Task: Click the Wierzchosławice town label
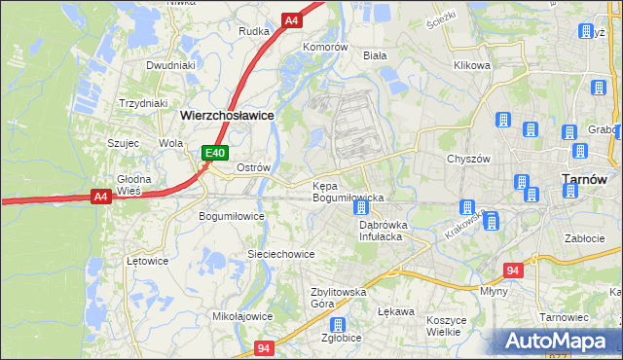pyautogui.click(x=227, y=115)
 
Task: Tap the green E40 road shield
pyautogui.click(x=215, y=153)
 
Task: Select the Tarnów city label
pyautogui.click(x=585, y=179)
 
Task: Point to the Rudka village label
pyautogui.click(x=253, y=31)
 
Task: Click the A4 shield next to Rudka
pyautogui.click(x=291, y=19)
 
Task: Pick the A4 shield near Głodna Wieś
pyautogui.click(x=100, y=197)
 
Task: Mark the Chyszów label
pyautogui.click(x=466, y=159)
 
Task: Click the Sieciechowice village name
pyautogui.click(x=280, y=254)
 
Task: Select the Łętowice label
pyautogui.click(x=148, y=261)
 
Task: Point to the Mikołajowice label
pyautogui.click(x=241, y=316)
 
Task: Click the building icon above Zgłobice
pyautogui.click(x=337, y=325)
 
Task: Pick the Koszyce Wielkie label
pyautogui.click(x=449, y=325)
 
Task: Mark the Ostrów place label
pyautogui.click(x=253, y=167)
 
